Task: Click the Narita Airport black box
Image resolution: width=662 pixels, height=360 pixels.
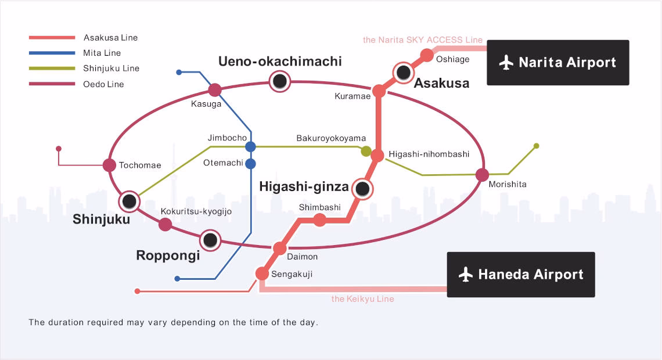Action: pos(557,63)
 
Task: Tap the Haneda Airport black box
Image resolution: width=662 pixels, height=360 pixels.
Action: pos(521,275)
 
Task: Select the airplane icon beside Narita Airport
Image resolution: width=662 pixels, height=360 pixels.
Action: pos(506,63)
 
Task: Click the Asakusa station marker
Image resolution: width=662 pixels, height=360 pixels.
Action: pos(402,73)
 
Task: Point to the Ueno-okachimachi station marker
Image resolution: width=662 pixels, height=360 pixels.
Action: pos(280,81)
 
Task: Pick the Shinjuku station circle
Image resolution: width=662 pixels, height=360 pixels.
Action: pos(129,201)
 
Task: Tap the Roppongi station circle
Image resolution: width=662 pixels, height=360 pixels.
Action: pos(210,240)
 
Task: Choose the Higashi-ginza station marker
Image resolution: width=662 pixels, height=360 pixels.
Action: pos(362,189)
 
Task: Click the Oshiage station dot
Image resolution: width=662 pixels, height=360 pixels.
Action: pos(427,55)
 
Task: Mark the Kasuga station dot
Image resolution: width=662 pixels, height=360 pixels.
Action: pos(215,90)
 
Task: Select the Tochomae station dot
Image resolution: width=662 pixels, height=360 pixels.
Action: pos(109,165)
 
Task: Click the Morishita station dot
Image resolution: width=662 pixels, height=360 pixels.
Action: pos(481,174)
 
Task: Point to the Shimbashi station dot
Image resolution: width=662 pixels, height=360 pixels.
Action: pos(319,220)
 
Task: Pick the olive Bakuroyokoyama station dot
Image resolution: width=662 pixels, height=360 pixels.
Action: pos(366,152)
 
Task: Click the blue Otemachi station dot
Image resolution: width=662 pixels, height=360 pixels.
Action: pos(250,164)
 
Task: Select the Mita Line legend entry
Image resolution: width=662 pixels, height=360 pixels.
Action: pos(102,53)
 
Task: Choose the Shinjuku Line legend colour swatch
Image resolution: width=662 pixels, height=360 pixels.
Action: pos(52,69)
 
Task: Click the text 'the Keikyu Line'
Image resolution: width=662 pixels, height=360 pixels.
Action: pos(362,299)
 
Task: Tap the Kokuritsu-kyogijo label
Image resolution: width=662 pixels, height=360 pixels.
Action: pos(196,211)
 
